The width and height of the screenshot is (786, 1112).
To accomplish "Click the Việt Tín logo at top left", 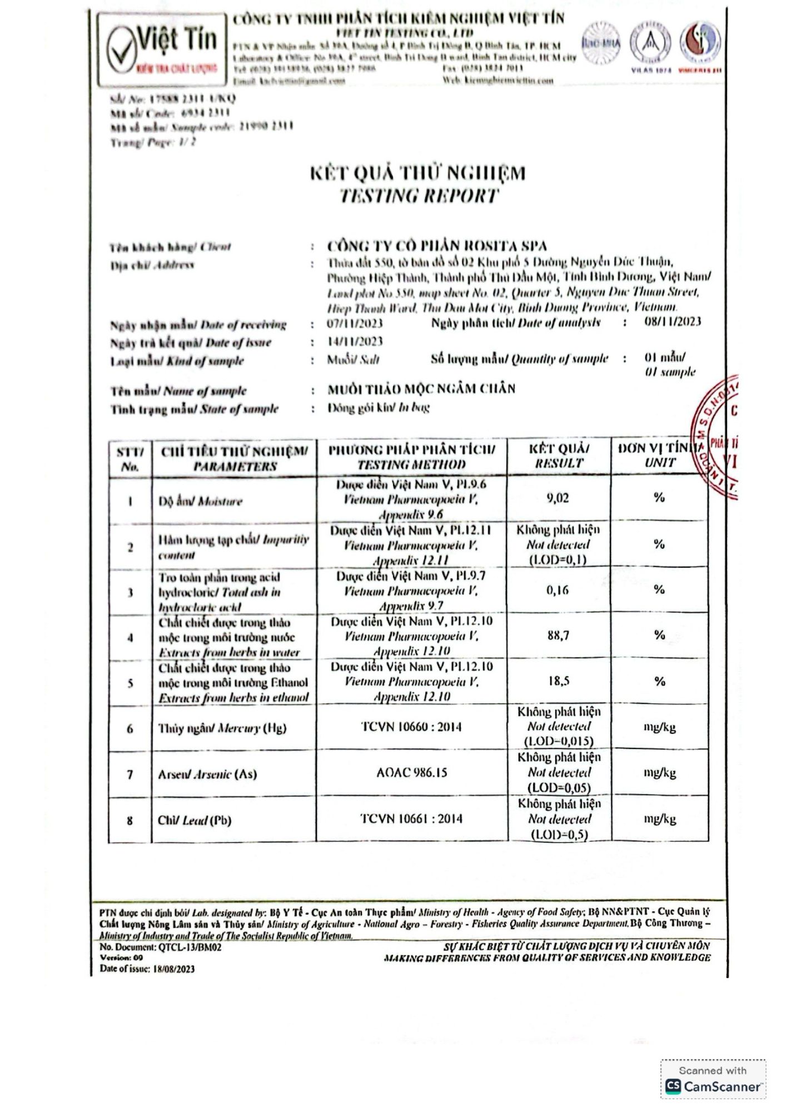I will click(x=163, y=51).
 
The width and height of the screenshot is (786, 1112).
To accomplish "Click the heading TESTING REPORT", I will click(x=419, y=196).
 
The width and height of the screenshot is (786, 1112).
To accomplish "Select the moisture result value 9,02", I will click(x=558, y=498).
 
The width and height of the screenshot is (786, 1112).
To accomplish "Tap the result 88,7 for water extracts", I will click(x=558, y=635).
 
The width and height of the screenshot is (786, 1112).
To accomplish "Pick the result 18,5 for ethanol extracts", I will click(x=558, y=681).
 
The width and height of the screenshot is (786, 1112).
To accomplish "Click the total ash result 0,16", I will click(x=558, y=590).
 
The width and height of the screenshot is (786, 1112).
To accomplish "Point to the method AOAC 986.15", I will click(x=411, y=772).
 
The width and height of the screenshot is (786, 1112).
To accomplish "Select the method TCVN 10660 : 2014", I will click(x=411, y=727).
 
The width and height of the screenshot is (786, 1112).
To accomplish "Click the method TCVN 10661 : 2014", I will click(x=411, y=818).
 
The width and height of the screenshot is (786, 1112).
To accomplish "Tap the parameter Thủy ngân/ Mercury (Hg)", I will click(x=222, y=728).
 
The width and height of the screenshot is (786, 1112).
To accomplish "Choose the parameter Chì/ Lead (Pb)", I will click(x=195, y=820).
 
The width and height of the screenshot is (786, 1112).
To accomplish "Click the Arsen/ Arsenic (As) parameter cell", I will click(x=207, y=774).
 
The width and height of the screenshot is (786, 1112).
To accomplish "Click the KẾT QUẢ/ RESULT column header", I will click(x=559, y=456).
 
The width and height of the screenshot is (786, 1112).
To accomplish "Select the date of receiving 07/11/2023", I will click(x=355, y=324).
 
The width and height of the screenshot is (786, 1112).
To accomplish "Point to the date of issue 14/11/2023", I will click(x=355, y=341).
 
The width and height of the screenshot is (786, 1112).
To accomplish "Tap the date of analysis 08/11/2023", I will click(x=673, y=321).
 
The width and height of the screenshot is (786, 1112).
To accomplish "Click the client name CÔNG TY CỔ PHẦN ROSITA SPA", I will click(x=437, y=246).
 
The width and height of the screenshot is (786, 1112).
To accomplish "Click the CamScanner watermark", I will click(x=713, y=1079).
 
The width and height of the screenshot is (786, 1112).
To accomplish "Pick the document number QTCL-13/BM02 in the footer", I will click(x=190, y=947).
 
